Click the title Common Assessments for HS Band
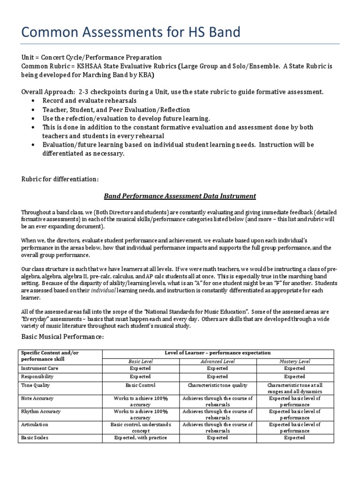[x=131, y=32]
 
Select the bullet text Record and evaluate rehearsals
[x=89, y=101]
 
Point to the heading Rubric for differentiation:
[x=60, y=179]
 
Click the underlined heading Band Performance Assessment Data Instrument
[x=180, y=196]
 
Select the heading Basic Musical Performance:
[x=63, y=337]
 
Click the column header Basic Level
[x=139, y=361]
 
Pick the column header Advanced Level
[x=217, y=361]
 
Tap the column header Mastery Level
[x=294, y=361]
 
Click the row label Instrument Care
[x=39, y=369]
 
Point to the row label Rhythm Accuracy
[x=40, y=412]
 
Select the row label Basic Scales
[x=35, y=438]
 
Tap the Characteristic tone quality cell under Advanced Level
[x=217, y=385]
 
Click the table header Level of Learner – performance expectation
[x=217, y=353]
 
